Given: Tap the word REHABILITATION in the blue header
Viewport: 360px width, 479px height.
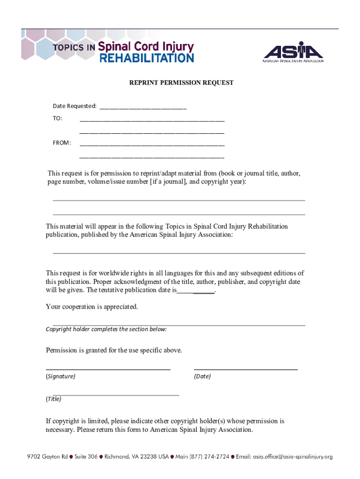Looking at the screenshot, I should pyautogui.click(x=146, y=58).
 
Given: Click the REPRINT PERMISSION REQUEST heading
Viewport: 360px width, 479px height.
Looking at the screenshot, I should pyautogui.click(x=181, y=83).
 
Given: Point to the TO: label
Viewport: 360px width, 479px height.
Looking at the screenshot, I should pyautogui.click(x=57, y=119).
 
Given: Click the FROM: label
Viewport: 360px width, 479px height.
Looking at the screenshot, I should pyautogui.click(x=61, y=143).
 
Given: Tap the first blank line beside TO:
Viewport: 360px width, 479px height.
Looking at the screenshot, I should pyautogui.click(x=152, y=120).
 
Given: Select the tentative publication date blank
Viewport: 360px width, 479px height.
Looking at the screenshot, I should pyautogui.click(x=196, y=292).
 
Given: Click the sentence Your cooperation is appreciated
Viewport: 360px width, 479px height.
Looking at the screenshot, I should pyautogui.click(x=92, y=307).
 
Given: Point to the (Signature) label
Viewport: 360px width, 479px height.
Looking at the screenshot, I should pyautogui.click(x=60, y=376).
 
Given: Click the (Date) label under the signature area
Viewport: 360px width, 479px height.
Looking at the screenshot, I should pyautogui.click(x=202, y=376).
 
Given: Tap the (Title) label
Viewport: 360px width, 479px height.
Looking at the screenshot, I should pyautogui.click(x=53, y=399).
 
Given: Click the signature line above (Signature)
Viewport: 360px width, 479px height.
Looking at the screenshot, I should pyautogui.click(x=108, y=369).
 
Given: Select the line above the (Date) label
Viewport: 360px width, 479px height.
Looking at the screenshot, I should pyautogui.click(x=245, y=369).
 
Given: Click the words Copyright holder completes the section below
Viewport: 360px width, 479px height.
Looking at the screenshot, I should pyautogui.click(x=106, y=329).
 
